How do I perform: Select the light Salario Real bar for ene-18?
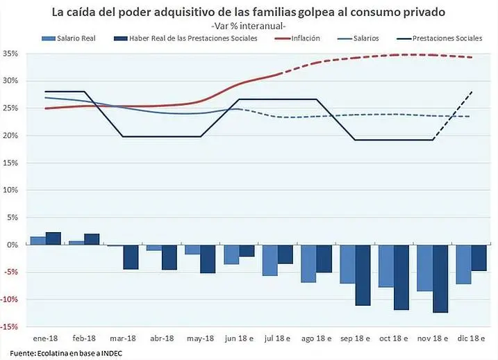pos(38,240)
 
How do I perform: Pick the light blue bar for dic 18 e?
pos(463,264)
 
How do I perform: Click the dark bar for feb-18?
pos(92,239)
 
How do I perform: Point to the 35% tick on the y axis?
pos(10,54)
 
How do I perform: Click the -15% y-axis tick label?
pos(10,327)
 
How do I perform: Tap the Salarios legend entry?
pos(365,38)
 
